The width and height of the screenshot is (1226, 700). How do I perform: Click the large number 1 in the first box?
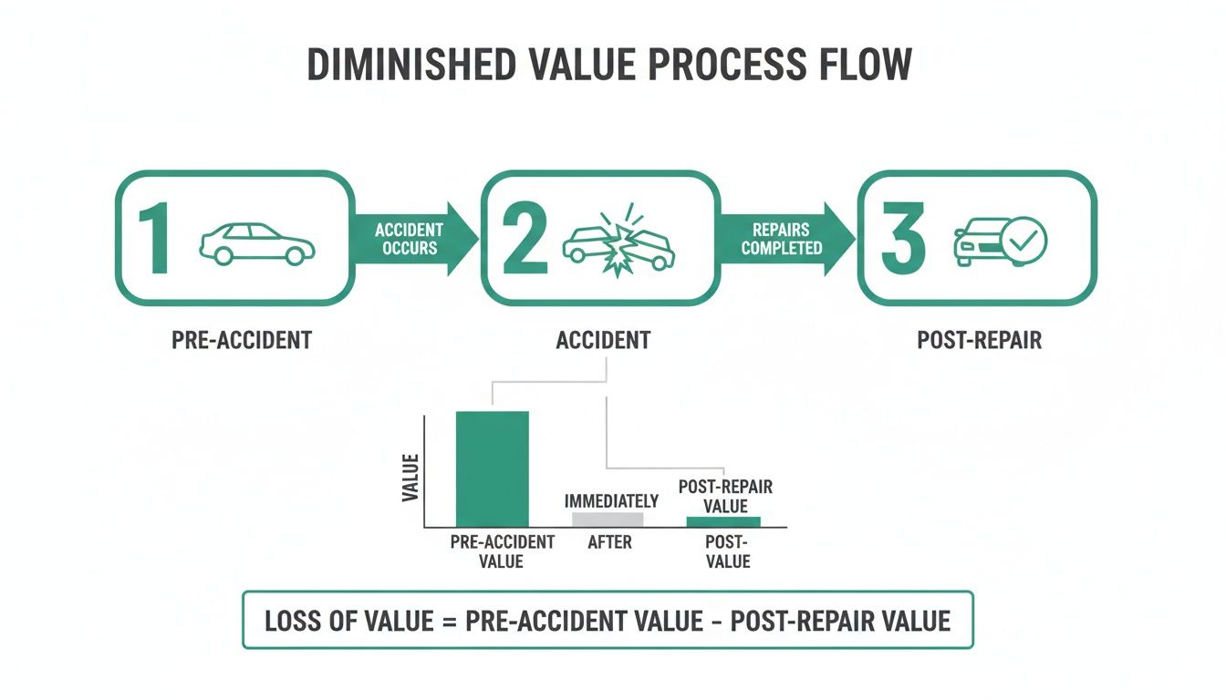(x=155, y=240)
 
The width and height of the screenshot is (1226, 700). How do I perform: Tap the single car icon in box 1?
(x=256, y=243)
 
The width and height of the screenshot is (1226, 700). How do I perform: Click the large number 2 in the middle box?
(x=525, y=240)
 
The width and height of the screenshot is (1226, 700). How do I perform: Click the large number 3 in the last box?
(x=903, y=240)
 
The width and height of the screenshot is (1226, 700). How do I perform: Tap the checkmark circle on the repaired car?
(x=1023, y=240)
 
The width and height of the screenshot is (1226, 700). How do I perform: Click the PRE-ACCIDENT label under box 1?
(x=242, y=341)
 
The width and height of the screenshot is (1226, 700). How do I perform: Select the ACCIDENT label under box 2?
(x=603, y=341)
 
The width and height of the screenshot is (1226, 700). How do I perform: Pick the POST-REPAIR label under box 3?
(x=979, y=341)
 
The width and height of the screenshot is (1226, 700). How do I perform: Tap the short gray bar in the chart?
(x=608, y=520)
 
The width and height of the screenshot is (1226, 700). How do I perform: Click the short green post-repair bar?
(x=722, y=521)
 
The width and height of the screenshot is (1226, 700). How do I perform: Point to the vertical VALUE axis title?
(x=410, y=479)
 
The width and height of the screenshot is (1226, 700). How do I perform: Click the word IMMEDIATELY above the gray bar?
(x=611, y=501)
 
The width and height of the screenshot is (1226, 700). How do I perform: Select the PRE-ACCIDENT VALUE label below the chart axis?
(x=502, y=551)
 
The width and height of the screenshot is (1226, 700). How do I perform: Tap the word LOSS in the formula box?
(x=293, y=622)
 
